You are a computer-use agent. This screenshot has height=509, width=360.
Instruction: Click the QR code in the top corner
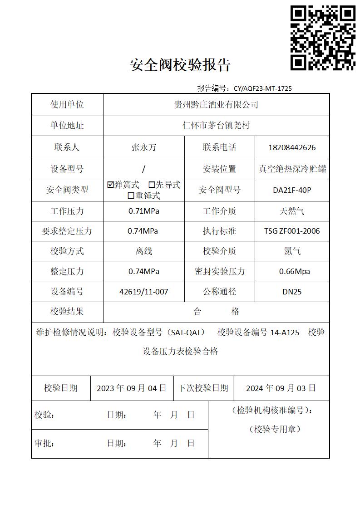coord(323,38)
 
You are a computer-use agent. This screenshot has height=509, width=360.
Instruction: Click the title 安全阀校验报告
coord(180,65)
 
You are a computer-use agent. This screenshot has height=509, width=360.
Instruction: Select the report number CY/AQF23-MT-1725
coord(263,88)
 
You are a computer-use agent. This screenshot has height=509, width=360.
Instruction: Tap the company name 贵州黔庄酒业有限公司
coord(216,105)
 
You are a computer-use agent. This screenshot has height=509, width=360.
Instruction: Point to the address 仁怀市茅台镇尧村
coord(216,126)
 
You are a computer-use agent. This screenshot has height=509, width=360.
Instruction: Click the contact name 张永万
coord(144,147)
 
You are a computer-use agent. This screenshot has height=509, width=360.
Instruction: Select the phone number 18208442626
coord(292,147)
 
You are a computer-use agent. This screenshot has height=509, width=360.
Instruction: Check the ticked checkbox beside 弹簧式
coord(110,185)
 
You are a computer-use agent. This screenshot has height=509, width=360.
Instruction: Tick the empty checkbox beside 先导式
coord(152,185)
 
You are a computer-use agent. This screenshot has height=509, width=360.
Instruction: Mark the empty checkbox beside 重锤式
coord(131,196)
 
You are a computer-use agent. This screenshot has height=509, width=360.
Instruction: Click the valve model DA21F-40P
coord(292,190)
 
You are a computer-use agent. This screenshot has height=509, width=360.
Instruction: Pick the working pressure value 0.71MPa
coord(144,211)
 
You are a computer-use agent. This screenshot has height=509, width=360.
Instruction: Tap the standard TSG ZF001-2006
coord(292,231)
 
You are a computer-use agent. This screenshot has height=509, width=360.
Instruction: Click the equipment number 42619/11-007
coord(144,292)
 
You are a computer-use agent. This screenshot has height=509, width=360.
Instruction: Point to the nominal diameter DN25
coord(292,292)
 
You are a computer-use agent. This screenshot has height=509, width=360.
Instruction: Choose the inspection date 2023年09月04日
coord(132,388)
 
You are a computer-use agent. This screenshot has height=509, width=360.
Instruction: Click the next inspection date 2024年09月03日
coord(281,388)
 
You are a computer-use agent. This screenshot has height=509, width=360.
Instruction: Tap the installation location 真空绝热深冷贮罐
coord(292,169)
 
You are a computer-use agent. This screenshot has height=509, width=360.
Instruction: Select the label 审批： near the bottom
coord(44,443)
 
